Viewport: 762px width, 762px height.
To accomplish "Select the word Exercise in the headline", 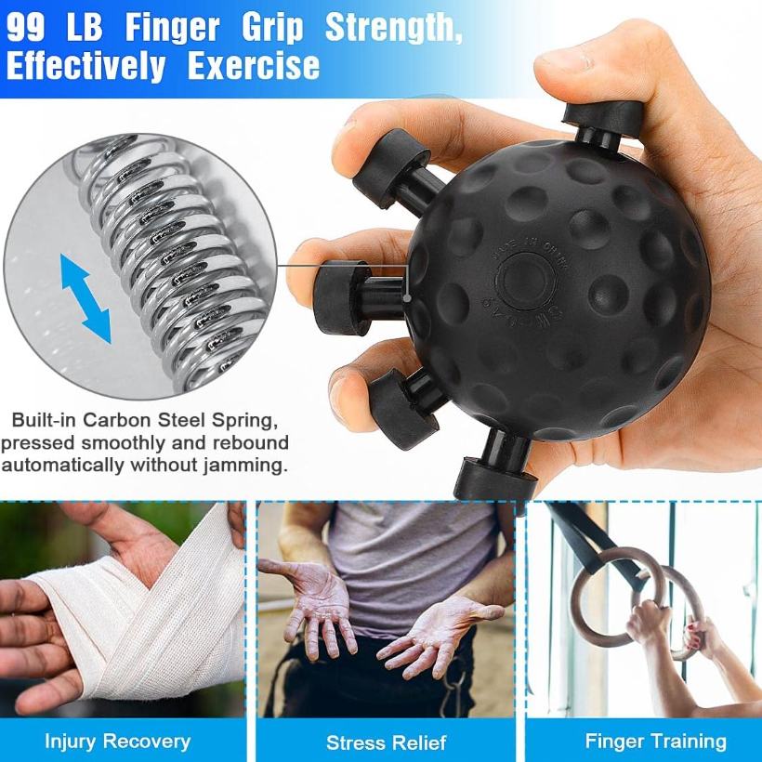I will point(254,66).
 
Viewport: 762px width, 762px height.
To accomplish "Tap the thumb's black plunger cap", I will point(605,116).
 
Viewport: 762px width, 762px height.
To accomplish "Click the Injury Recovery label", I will point(117,741).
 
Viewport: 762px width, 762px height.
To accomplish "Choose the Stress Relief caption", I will point(386,742).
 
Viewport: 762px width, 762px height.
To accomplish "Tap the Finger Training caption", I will point(655,741).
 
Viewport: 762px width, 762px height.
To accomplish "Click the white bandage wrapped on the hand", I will point(149,613).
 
